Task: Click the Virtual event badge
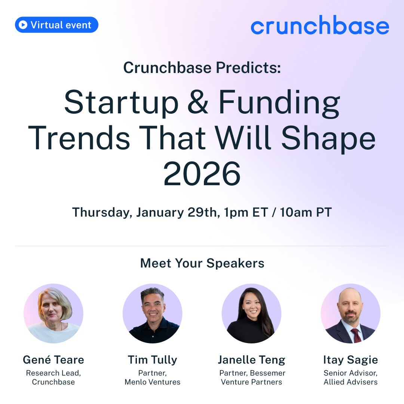point(56,25)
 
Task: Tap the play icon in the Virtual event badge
point(23,25)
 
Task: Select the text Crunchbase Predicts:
point(202,68)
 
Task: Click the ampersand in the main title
point(198,103)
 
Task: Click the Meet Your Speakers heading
point(202,263)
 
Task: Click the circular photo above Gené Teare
point(53,313)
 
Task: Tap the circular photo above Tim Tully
point(152,313)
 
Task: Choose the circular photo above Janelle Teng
point(251,313)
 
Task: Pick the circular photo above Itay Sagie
point(351,313)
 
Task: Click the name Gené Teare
point(53,360)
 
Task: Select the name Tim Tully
point(152,360)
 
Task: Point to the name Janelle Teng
point(251,360)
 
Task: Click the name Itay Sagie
point(351,360)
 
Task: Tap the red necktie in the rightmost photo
point(356,335)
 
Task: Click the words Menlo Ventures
point(152,382)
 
